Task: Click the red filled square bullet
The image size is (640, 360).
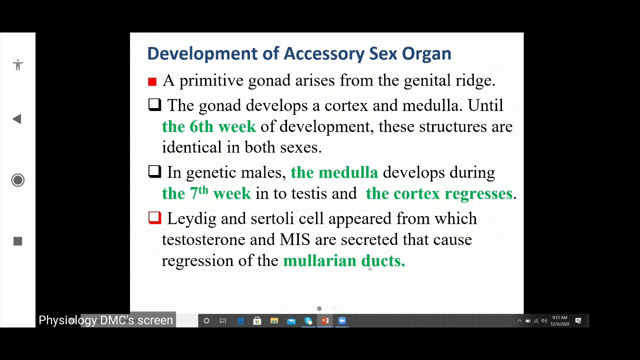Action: click(x=152, y=81)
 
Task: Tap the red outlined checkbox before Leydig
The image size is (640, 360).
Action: click(x=154, y=217)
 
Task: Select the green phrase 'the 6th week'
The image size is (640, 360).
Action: click(x=209, y=127)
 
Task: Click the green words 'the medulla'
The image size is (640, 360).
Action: click(x=334, y=173)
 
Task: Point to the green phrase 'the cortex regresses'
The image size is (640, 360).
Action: click(x=439, y=194)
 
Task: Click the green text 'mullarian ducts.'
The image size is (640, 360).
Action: click(x=344, y=261)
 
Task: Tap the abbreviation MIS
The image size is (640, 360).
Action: click(x=295, y=240)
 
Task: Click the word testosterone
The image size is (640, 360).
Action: click(x=203, y=240)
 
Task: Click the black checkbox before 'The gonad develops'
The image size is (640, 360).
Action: click(x=154, y=104)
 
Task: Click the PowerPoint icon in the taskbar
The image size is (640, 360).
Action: click(x=325, y=321)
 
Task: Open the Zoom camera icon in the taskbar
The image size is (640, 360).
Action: click(x=342, y=321)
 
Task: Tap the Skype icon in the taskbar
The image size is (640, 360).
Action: click(x=308, y=321)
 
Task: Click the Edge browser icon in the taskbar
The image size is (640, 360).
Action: click(x=240, y=321)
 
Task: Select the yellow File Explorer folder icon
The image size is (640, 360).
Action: click(x=274, y=321)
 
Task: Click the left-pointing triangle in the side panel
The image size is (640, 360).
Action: click(x=17, y=119)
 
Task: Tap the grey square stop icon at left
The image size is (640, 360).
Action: click(x=18, y=241)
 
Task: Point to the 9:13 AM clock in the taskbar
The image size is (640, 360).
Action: click(x=559, y=321)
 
